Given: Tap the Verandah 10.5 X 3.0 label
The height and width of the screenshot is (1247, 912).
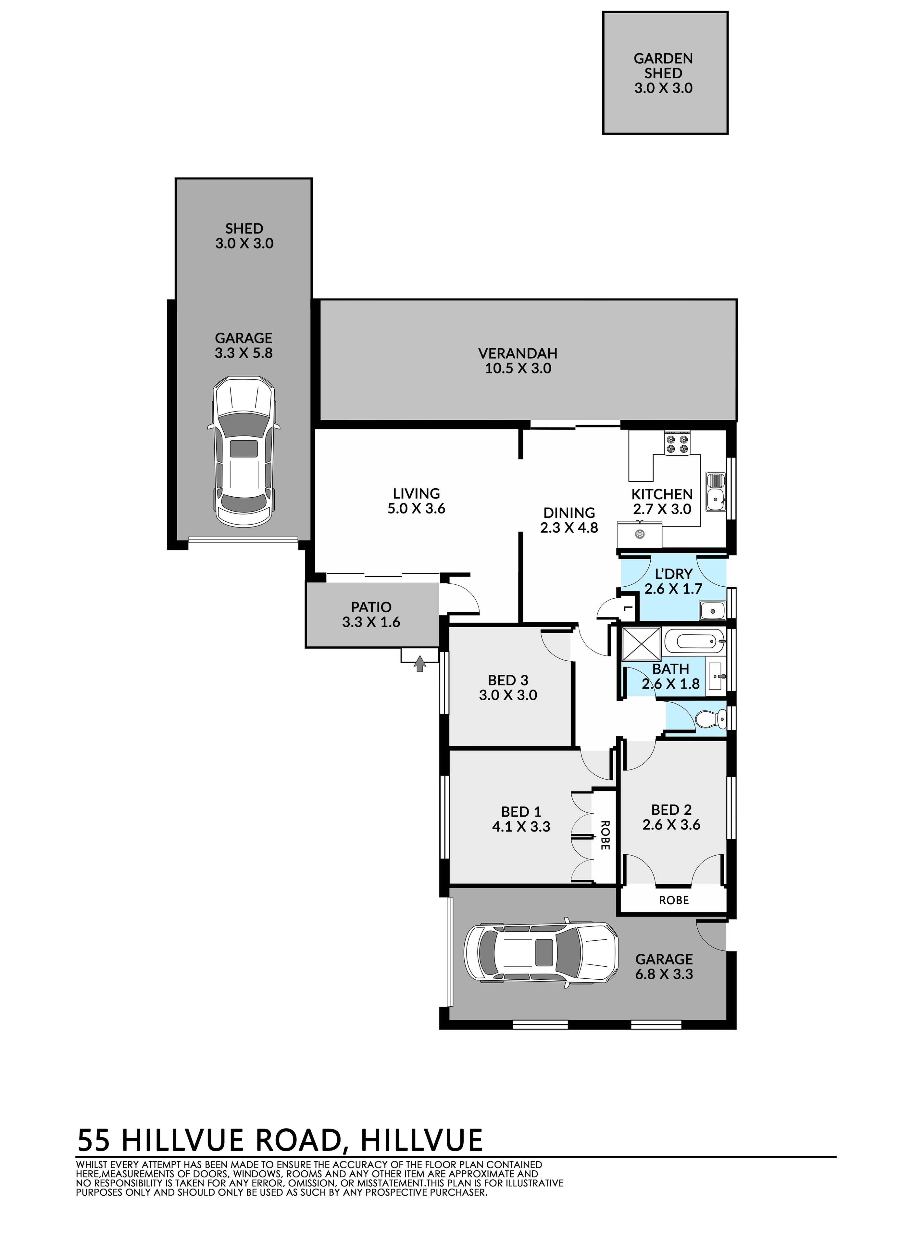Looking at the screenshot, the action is (518, 361).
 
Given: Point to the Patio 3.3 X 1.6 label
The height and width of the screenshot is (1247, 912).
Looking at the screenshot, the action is (371, 615).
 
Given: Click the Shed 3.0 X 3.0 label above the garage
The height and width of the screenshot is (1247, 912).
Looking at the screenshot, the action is (244, 236).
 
